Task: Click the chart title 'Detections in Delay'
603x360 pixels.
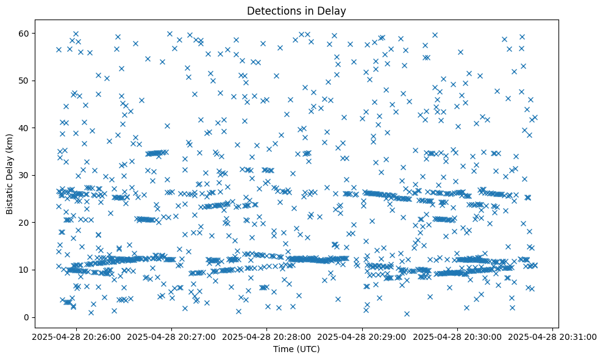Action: point(296,10)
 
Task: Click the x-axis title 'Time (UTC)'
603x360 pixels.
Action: point(296,349)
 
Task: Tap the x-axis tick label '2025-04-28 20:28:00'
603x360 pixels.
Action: point(266,337)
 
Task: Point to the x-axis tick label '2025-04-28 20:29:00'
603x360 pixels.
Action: point(362,337)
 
